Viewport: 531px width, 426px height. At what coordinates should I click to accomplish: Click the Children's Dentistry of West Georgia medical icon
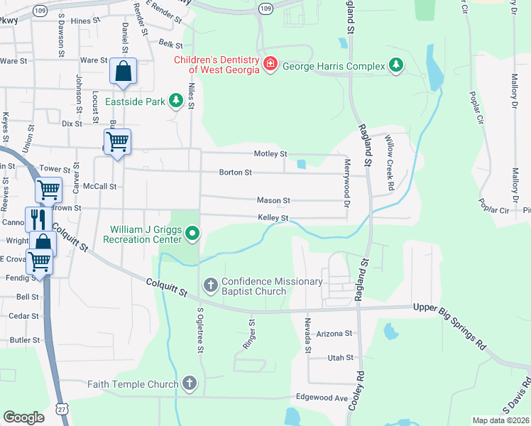pyautogui.click(x=270, y=65)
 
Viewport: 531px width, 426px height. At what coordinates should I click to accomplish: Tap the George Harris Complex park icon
pyautogui.click(x=395, y=67)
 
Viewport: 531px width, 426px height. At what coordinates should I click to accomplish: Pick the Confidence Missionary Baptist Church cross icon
pyautogui.click(x=211, y=285)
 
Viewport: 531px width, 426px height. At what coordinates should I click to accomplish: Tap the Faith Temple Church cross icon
pyautogui.click(x=189, y=384)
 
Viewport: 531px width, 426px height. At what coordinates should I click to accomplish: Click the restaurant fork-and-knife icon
pyautogui.click(x=36, y=218)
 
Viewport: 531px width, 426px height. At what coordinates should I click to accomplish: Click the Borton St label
pyautogui.click(x=236, y=173)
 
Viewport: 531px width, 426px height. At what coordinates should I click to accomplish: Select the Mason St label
pyautogui.click(x=273, y=201)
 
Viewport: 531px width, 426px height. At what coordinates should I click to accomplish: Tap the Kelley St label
pyautogui.click(x=273, y=218)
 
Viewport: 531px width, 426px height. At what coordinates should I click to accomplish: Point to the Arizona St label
pyautogui.click(x=334, y=334)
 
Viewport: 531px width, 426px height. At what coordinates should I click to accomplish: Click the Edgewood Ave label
pyautogui.click(x=322, y=398)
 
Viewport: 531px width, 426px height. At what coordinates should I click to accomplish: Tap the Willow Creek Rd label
pyautogui.click(x=390, y=164)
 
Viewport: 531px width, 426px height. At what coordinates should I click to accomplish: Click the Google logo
pyautogui.click(x=23, y=417)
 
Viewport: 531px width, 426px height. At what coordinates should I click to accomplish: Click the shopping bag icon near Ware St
pyautogui.click(x=123, y=72)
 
